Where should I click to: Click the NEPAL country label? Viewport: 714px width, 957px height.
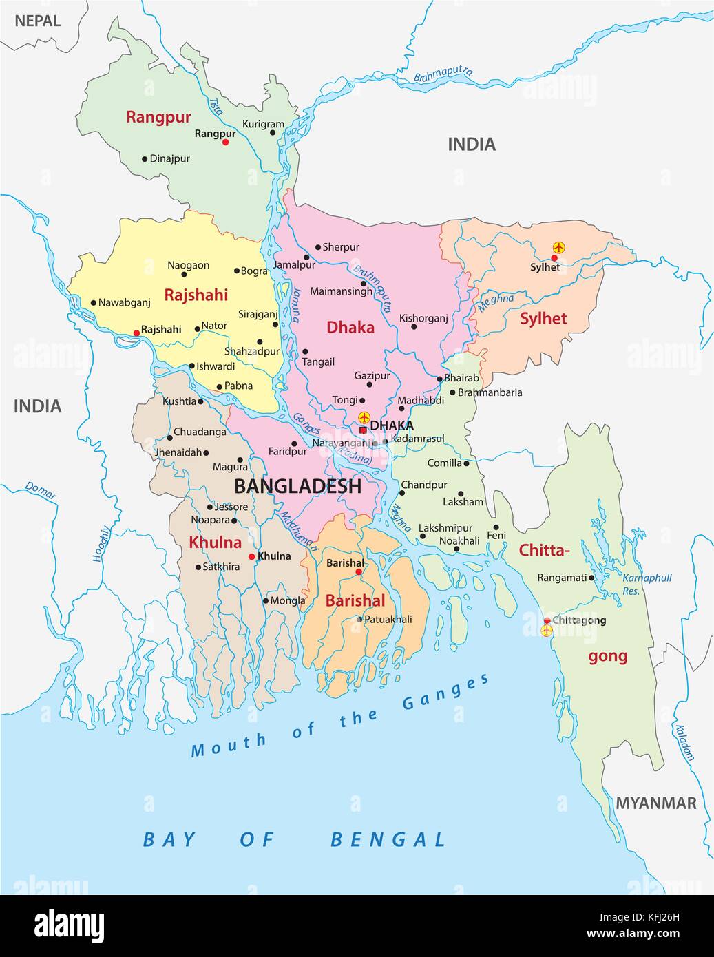point(37,21)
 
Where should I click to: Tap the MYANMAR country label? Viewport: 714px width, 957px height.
point(655,803)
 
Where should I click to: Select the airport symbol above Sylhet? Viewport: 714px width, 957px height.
point(558,246)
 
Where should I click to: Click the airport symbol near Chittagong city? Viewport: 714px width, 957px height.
point(547,631)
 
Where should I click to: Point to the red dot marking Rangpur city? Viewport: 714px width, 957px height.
point(225,142)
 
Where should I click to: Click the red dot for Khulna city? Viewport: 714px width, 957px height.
point(252,556)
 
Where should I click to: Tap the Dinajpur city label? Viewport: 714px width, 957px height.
point(169,158)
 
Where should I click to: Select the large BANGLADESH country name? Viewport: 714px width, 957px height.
point(297,486)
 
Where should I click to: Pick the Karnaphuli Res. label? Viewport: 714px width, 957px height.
point(647,584)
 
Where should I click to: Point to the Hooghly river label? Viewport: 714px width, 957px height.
point(101,543)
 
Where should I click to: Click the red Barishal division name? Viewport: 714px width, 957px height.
point(355,600)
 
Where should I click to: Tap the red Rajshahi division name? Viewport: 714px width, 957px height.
point(196,295)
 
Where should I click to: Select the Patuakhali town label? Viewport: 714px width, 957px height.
point(388,620)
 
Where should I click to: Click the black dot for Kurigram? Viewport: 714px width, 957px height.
point(273,133)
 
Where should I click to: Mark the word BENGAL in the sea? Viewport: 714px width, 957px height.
point(388,839)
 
